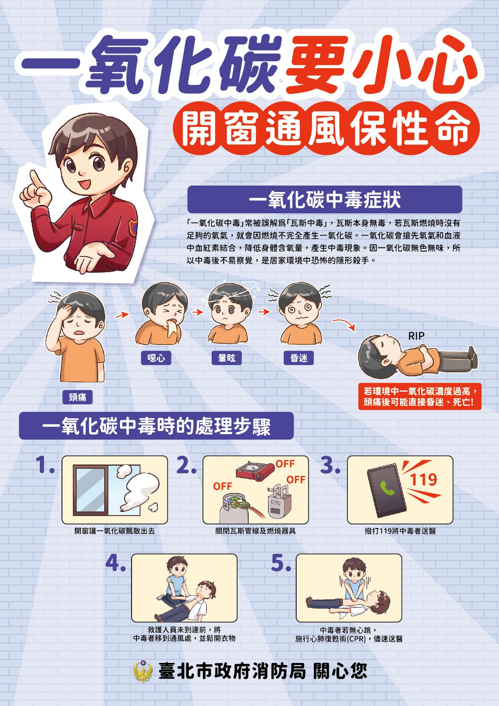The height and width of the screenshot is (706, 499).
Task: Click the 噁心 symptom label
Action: click(x=156, y=358)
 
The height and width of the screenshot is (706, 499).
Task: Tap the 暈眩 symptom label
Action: click(x=227, y=358)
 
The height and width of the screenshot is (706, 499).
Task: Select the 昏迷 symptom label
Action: click(x=298, y=358)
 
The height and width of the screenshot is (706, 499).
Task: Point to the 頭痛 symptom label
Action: click(x=78, y=397)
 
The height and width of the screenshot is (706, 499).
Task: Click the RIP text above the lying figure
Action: click(x=416, y=336)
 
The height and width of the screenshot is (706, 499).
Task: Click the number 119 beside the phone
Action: click(x=423, y=479)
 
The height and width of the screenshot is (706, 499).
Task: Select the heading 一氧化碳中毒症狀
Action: click(x=325, y=200)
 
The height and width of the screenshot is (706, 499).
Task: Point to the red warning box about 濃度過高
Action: click(x=420, y=396)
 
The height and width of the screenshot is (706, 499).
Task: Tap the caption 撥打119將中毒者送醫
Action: click(x=400, y=531)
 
